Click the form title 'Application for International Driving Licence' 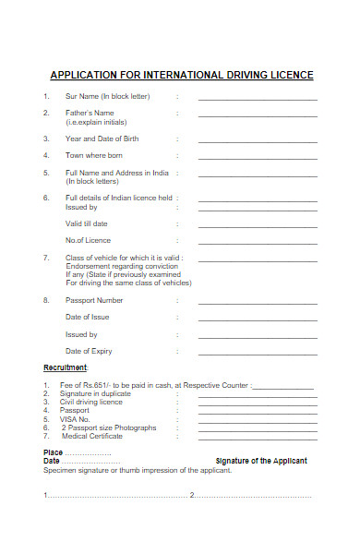[x=181, y=75]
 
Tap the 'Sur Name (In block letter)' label [x=108, y=96]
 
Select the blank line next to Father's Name [x=258, y=117]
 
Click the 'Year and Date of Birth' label [x=102, y=138]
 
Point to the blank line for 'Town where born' [x=258, y=159]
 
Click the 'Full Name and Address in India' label [x=117, y=173]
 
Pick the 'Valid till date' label [x=87, y=223]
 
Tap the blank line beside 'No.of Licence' [x=258, y=243]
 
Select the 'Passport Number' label [x=94, y=300]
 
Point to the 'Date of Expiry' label [x=90, y=351]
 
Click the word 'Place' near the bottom [x=54, y=452]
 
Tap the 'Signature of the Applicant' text [x=261, y=461]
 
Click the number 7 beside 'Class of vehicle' [x=46, y=258]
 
